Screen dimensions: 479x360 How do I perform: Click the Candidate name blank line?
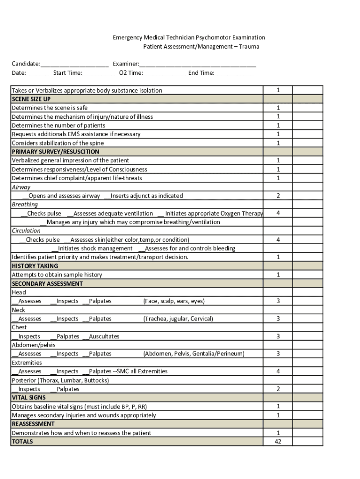point(74,64)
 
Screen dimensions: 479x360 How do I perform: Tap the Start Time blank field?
point(99,73)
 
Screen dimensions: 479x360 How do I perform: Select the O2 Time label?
point(131,73)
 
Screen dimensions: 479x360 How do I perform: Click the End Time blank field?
point(234,73)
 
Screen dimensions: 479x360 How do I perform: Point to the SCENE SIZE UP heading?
point(31,99)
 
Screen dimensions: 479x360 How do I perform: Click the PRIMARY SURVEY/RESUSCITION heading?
point(56,152)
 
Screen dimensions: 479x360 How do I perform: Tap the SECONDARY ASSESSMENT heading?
point(47,283)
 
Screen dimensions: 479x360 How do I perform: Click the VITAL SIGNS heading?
point(29,398)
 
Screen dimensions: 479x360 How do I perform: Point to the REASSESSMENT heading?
point(33,424)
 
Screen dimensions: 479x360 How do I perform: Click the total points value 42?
point(278,442)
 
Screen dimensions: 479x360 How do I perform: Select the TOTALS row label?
point(22,442)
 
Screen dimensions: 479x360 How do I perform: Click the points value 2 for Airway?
point(278,196)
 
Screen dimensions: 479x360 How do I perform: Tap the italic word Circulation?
point(26,231)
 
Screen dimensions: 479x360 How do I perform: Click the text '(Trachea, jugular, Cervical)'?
point(178,319)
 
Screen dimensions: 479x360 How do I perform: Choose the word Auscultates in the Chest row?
point(104,336)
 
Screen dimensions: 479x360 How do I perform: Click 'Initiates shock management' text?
point(95,248)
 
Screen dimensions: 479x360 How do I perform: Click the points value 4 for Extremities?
point(278,371)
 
